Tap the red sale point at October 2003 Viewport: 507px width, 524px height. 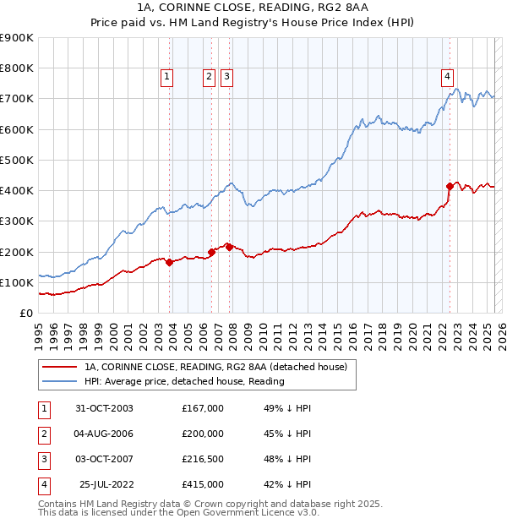coord(170,262)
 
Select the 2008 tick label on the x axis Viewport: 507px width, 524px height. coord(234,336)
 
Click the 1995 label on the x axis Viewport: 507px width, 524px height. coord(40,336)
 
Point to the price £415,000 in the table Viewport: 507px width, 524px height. coord(203,484)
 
